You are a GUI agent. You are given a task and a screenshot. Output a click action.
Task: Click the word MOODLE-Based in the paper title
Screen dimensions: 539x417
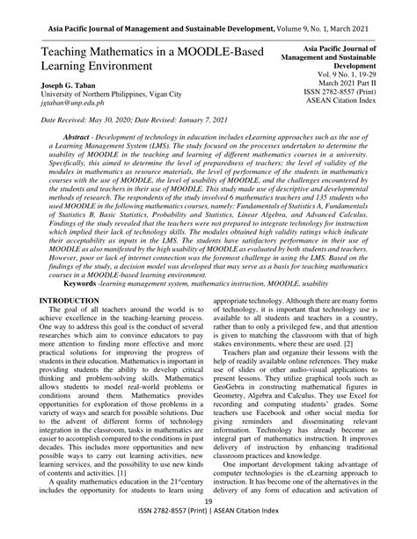217,54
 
